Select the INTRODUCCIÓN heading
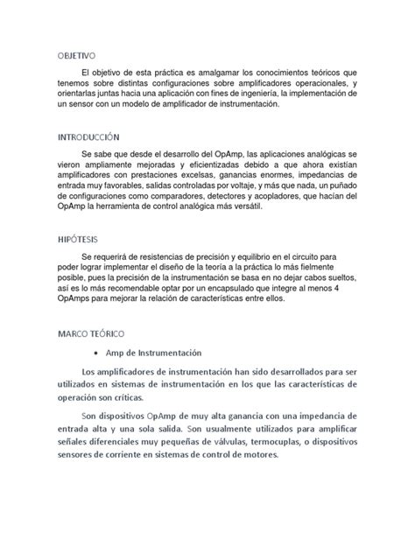(x=88, y=137)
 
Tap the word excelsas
(x=184, y=175)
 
